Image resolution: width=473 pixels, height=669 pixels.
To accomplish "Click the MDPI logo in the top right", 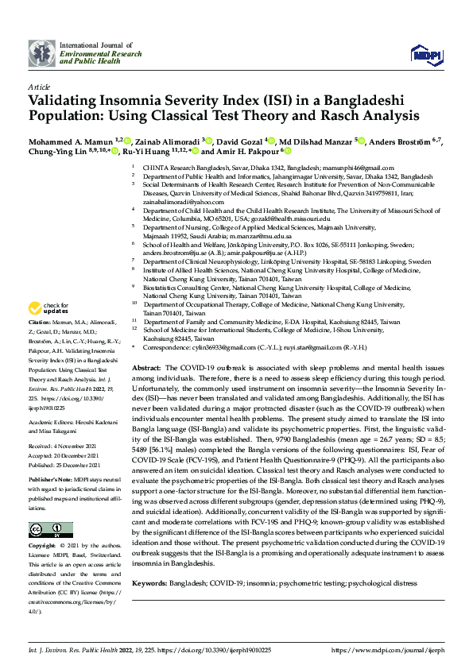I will click(x=422, y=54).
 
